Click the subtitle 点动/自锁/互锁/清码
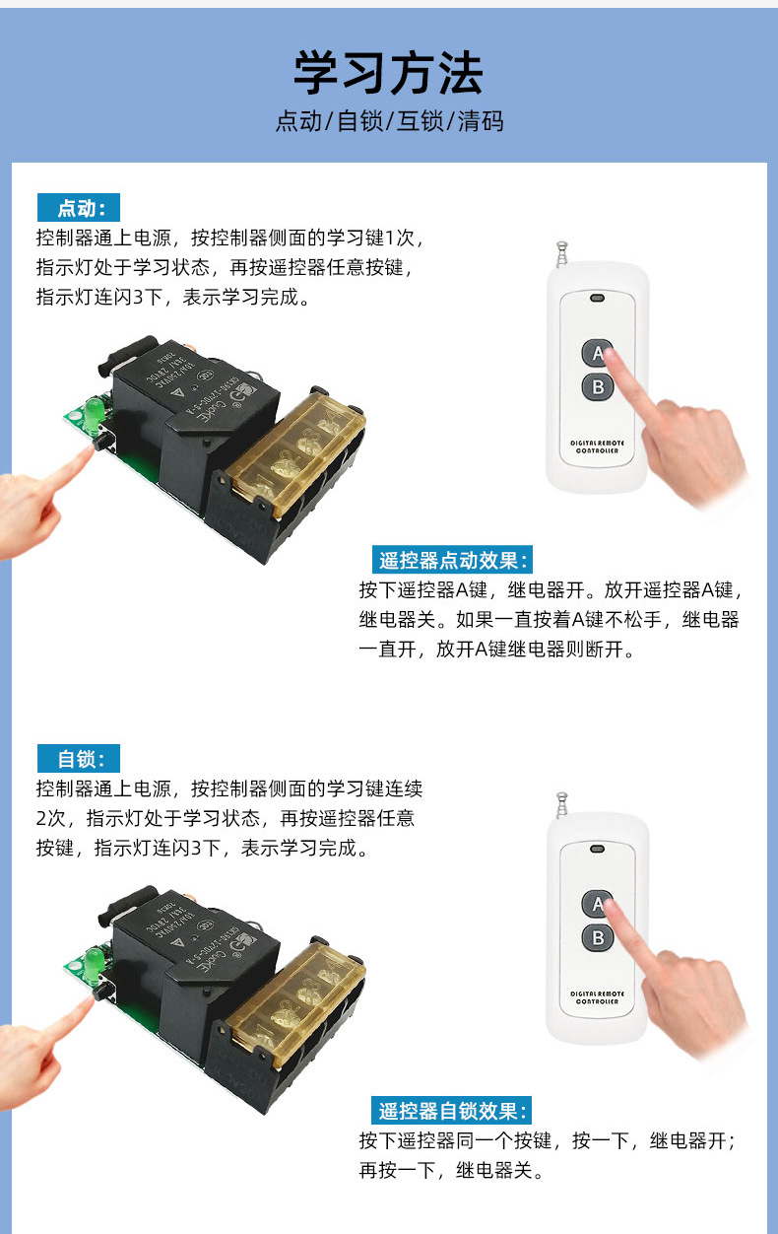coord(389,121)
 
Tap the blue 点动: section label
coord(78,208)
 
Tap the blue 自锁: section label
coord(78,758)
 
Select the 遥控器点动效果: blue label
coord(452,561)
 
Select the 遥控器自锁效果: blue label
coord(452,1111)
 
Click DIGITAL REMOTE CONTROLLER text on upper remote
coord(597,446)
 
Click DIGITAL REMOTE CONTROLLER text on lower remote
coord(597,996)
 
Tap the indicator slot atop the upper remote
coord(597,298)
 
